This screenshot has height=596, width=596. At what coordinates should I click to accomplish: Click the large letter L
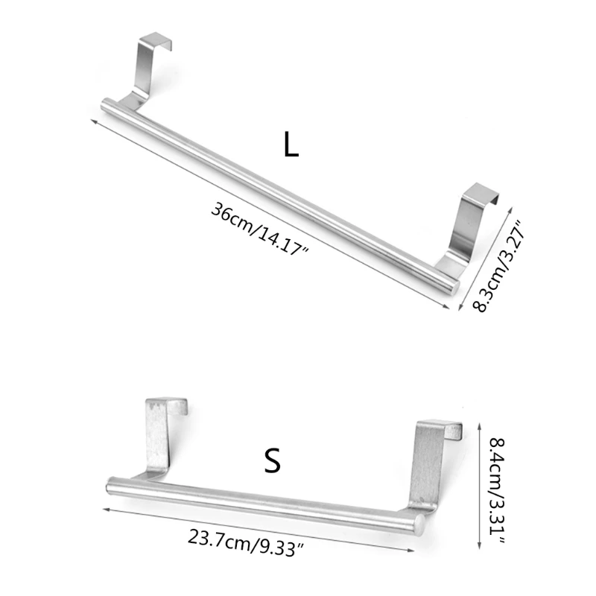tap(291, 145)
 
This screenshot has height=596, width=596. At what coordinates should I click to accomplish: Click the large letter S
tap(273, 461)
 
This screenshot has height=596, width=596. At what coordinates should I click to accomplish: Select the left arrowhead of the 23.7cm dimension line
tap(104, 507)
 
